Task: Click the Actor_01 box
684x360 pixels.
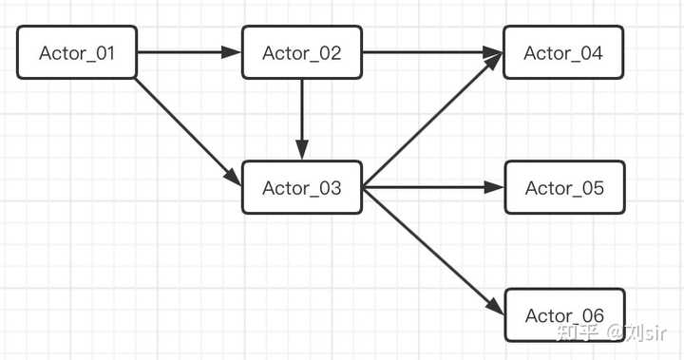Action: coord(77,52)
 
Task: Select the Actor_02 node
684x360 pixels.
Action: coord(302,52)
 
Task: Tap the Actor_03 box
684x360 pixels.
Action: coord(302,188)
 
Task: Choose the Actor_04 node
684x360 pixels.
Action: coord(563,52)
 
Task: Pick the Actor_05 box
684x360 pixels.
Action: coord(563,188)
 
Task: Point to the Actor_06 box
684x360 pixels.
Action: coord(563,315)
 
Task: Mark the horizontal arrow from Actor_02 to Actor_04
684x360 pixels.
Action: coord(432,52)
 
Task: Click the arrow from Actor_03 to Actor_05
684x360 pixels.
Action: coord(432,188)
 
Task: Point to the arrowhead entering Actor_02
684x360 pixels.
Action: coord(233,52)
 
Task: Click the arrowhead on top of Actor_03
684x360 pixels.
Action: coord(302,151)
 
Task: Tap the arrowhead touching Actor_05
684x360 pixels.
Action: coord(494,188)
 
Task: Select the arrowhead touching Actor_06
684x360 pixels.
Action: coord(495,308)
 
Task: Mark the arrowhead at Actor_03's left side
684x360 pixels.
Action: coord(233,177)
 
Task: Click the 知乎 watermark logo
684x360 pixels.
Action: coord(576,332)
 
